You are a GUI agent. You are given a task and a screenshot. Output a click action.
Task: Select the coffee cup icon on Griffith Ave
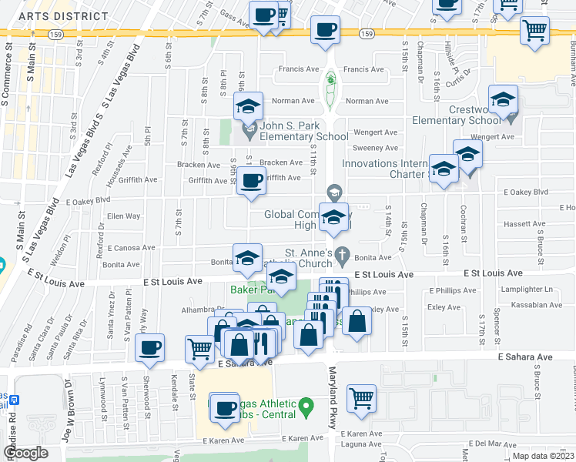251,182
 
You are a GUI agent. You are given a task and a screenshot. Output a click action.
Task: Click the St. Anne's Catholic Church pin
346,255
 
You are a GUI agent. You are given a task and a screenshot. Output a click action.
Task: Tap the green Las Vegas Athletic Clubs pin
306,404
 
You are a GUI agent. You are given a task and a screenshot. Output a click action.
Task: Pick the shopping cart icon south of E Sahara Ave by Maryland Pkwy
361,399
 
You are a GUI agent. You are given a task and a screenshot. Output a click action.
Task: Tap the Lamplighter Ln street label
527,290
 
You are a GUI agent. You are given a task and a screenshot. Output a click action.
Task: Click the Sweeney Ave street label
375,148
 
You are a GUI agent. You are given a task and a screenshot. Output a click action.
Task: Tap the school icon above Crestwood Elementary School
504,100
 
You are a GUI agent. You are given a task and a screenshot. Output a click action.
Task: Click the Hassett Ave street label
524,224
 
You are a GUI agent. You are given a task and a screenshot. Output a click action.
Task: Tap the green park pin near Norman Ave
330,79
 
